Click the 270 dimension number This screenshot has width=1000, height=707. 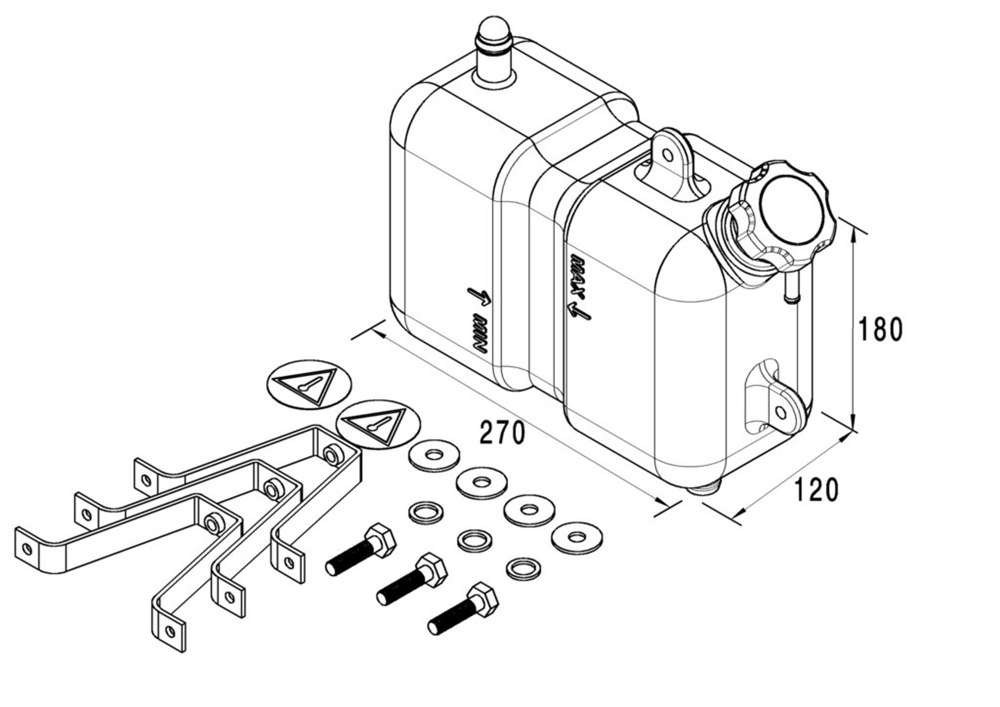click(502, 433)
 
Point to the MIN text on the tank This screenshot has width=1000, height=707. click(481, 334)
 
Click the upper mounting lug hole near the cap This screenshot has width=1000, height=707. click(667, 154)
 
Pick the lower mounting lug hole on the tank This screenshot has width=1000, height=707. click(781, 412)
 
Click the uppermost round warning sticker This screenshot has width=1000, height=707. click(309, 384)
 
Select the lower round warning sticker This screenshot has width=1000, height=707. click(378, 424)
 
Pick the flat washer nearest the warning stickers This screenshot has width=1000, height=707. click(434, 455)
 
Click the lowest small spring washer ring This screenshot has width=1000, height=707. click(524, 569)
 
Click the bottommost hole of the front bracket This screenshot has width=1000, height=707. click(170, 631)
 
